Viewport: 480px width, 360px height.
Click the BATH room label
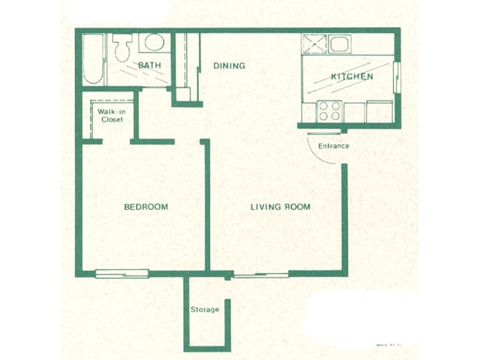click(149, 65)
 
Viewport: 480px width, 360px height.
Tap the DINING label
click(229, 66)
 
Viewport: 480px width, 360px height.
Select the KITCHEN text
click(352, 76)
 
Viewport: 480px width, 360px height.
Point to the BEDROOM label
click(146, 207)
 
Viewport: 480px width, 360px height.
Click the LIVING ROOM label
click(280, 207)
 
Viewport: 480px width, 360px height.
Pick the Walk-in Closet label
click(112, 115)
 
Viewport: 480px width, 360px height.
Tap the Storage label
click(205, 310)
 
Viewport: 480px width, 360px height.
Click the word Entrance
click(334, 146)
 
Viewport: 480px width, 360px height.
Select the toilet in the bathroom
click(123, 47)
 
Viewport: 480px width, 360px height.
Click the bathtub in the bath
click(93, 58)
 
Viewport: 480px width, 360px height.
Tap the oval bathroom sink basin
click(154, 42)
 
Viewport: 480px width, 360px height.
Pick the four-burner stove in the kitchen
click(329, 111)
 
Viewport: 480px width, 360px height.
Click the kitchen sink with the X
click(314, 44)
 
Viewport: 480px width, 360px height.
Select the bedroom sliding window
click(122, 274)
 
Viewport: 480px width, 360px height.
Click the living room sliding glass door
click(261, 275)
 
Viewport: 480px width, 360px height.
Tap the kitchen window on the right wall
click(397, 77)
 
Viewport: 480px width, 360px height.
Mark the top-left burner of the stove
click(323, 106)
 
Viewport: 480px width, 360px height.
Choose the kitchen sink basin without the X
click(340, 44)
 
